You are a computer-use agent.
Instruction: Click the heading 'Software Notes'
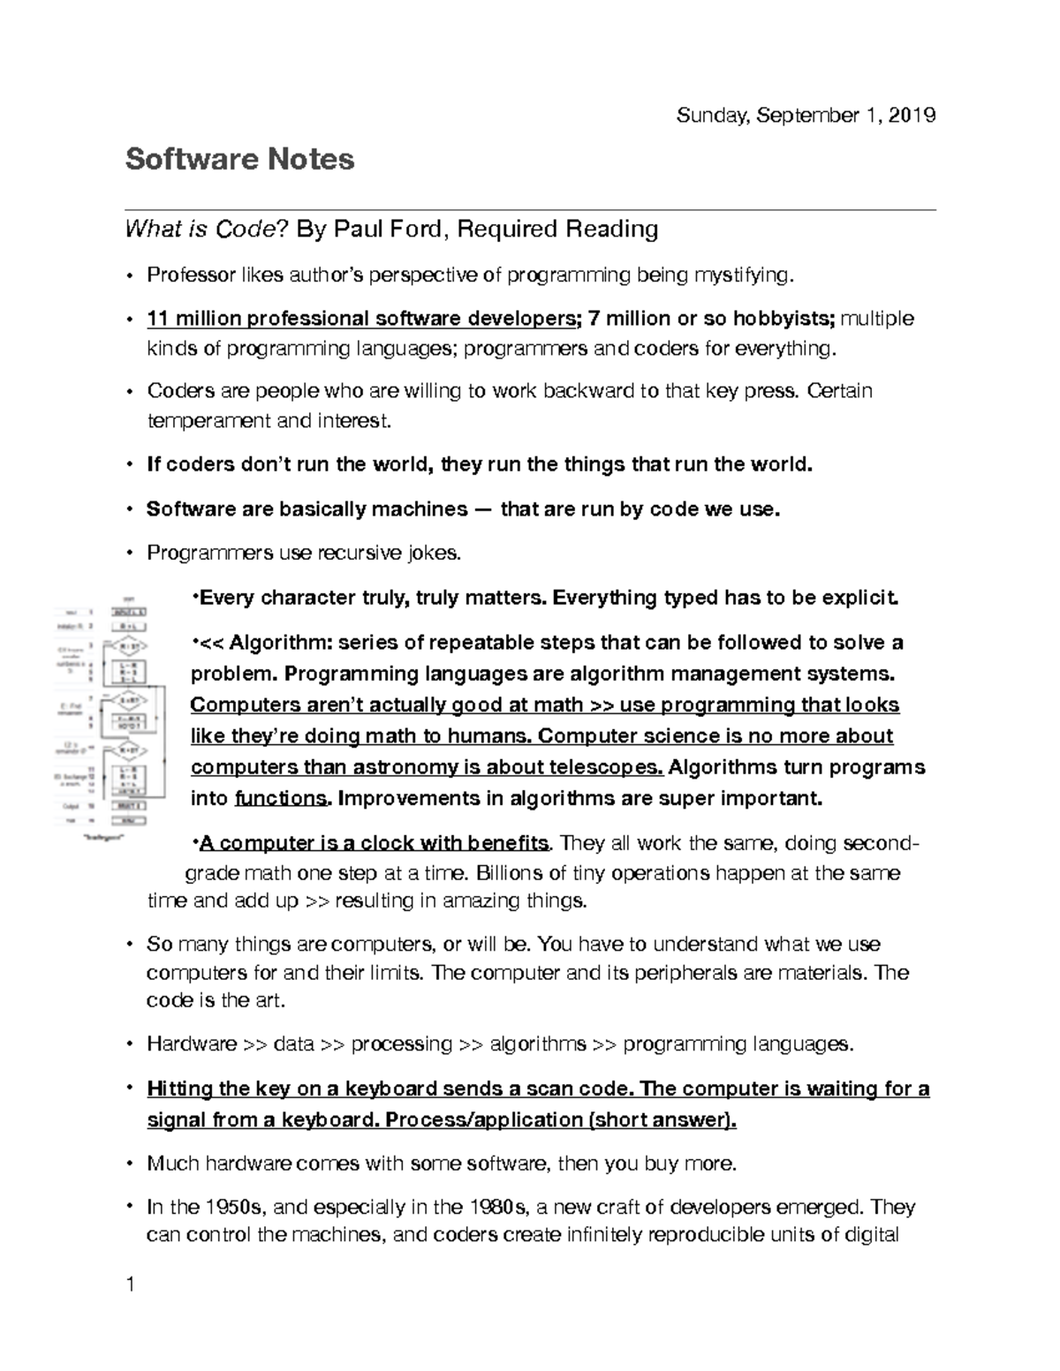pos(239,159)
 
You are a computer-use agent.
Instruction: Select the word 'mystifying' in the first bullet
pos(744,275)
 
